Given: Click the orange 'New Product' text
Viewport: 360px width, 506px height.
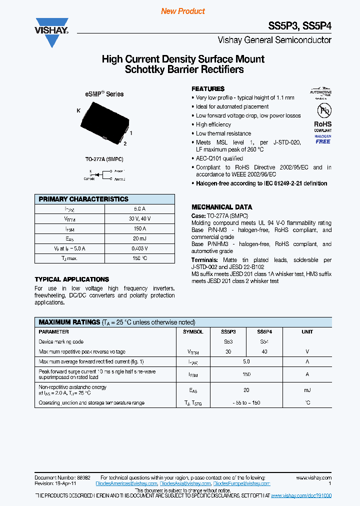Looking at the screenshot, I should (182, 11).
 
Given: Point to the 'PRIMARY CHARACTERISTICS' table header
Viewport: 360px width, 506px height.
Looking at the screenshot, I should (83, 199).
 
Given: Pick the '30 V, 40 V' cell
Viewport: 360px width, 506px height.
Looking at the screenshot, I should (139, 218).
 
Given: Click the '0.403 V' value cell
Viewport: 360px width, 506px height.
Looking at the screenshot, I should (139, 248).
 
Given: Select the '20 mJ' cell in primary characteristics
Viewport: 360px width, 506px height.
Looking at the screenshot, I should (139, 238).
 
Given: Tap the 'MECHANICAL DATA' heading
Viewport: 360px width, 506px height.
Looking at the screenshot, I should (221, 207).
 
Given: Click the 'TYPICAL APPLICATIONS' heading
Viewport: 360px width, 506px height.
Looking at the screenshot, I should (71, 279).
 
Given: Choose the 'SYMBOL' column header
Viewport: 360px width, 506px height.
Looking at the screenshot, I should (193, 331).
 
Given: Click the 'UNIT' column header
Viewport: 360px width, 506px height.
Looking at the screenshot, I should (307, 331).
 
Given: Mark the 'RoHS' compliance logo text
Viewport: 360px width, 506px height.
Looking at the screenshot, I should (322, 124).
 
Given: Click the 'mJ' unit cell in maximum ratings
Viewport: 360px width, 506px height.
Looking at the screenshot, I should (307, 390).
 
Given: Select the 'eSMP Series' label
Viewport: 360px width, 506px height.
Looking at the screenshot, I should (103, 94).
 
